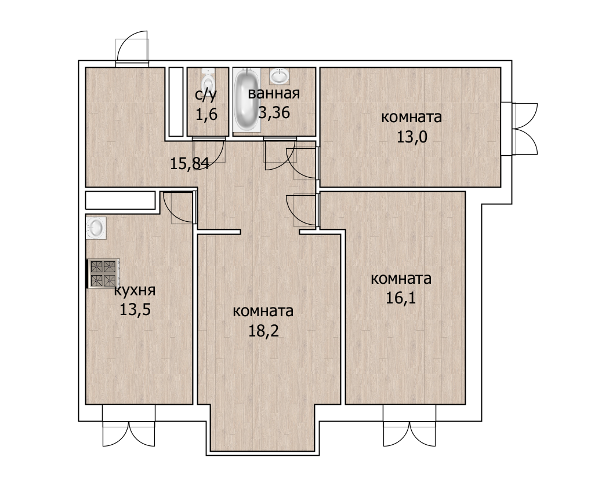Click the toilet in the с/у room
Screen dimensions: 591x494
coord(208,77)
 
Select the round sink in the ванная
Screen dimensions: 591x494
coord(280,76)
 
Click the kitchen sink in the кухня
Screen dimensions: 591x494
coord(96,228)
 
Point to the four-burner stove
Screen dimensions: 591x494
coord(103,273)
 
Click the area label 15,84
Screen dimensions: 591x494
coord(189,164)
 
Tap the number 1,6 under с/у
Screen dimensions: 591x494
coord(206,114)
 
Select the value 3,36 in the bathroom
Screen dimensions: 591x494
coord(274,112)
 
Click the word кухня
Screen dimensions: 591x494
coord(135,290)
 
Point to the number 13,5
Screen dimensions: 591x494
coord(135,310)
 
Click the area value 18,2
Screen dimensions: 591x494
coord(263,331)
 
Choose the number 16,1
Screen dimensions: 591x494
coord(401,298)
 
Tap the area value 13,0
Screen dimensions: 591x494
coord(412,137)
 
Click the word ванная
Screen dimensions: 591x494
coord(274,93)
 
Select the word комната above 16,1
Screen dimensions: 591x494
coord(401,279)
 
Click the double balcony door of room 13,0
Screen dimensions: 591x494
coord(525,129)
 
